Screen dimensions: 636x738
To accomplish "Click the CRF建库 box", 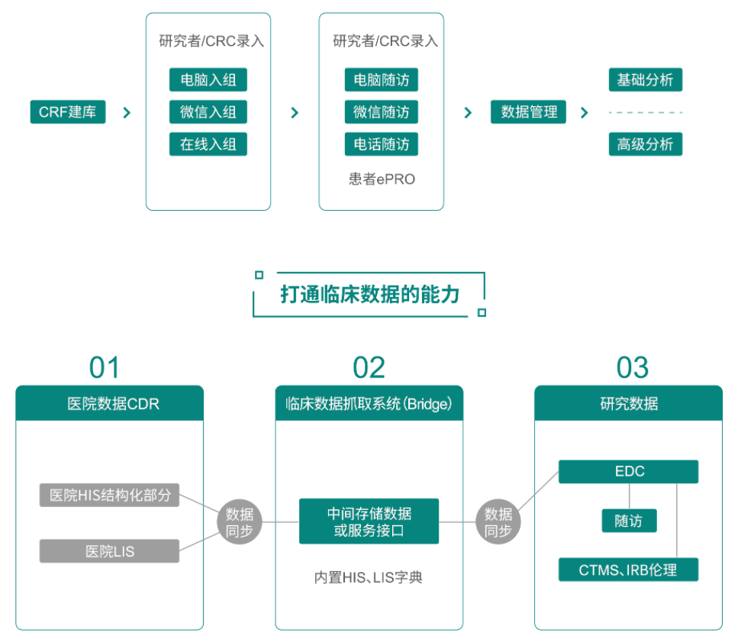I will pos(67,112).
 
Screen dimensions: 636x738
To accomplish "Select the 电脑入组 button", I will pos(208,80).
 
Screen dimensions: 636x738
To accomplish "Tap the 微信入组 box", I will pos(208,112).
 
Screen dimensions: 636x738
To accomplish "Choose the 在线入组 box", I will pos(208,144).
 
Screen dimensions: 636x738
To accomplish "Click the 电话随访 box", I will pos(381,144).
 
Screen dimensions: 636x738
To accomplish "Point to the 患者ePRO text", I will pos(381,179).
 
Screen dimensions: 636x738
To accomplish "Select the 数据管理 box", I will pos(528,112).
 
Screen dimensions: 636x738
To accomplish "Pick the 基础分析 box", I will pos(645,80).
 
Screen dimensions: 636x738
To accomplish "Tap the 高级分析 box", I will pos(645,144).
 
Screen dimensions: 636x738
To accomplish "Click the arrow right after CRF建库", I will pos(127,113).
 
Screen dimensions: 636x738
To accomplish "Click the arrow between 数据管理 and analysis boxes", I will pos(584,113).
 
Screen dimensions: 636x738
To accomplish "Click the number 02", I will pos(369,368).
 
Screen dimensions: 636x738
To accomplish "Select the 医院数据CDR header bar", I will pos(110,403).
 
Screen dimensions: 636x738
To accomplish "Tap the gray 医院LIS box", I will pos(109,550).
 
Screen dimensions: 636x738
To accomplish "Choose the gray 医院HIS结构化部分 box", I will pos(109,495).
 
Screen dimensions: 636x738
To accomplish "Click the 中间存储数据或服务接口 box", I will pos(369,521).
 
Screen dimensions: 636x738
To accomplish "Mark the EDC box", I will pos(628,471).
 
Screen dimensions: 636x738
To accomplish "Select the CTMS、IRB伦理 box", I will pos(628,570).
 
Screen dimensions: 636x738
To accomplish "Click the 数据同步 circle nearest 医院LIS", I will pos(240,523).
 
